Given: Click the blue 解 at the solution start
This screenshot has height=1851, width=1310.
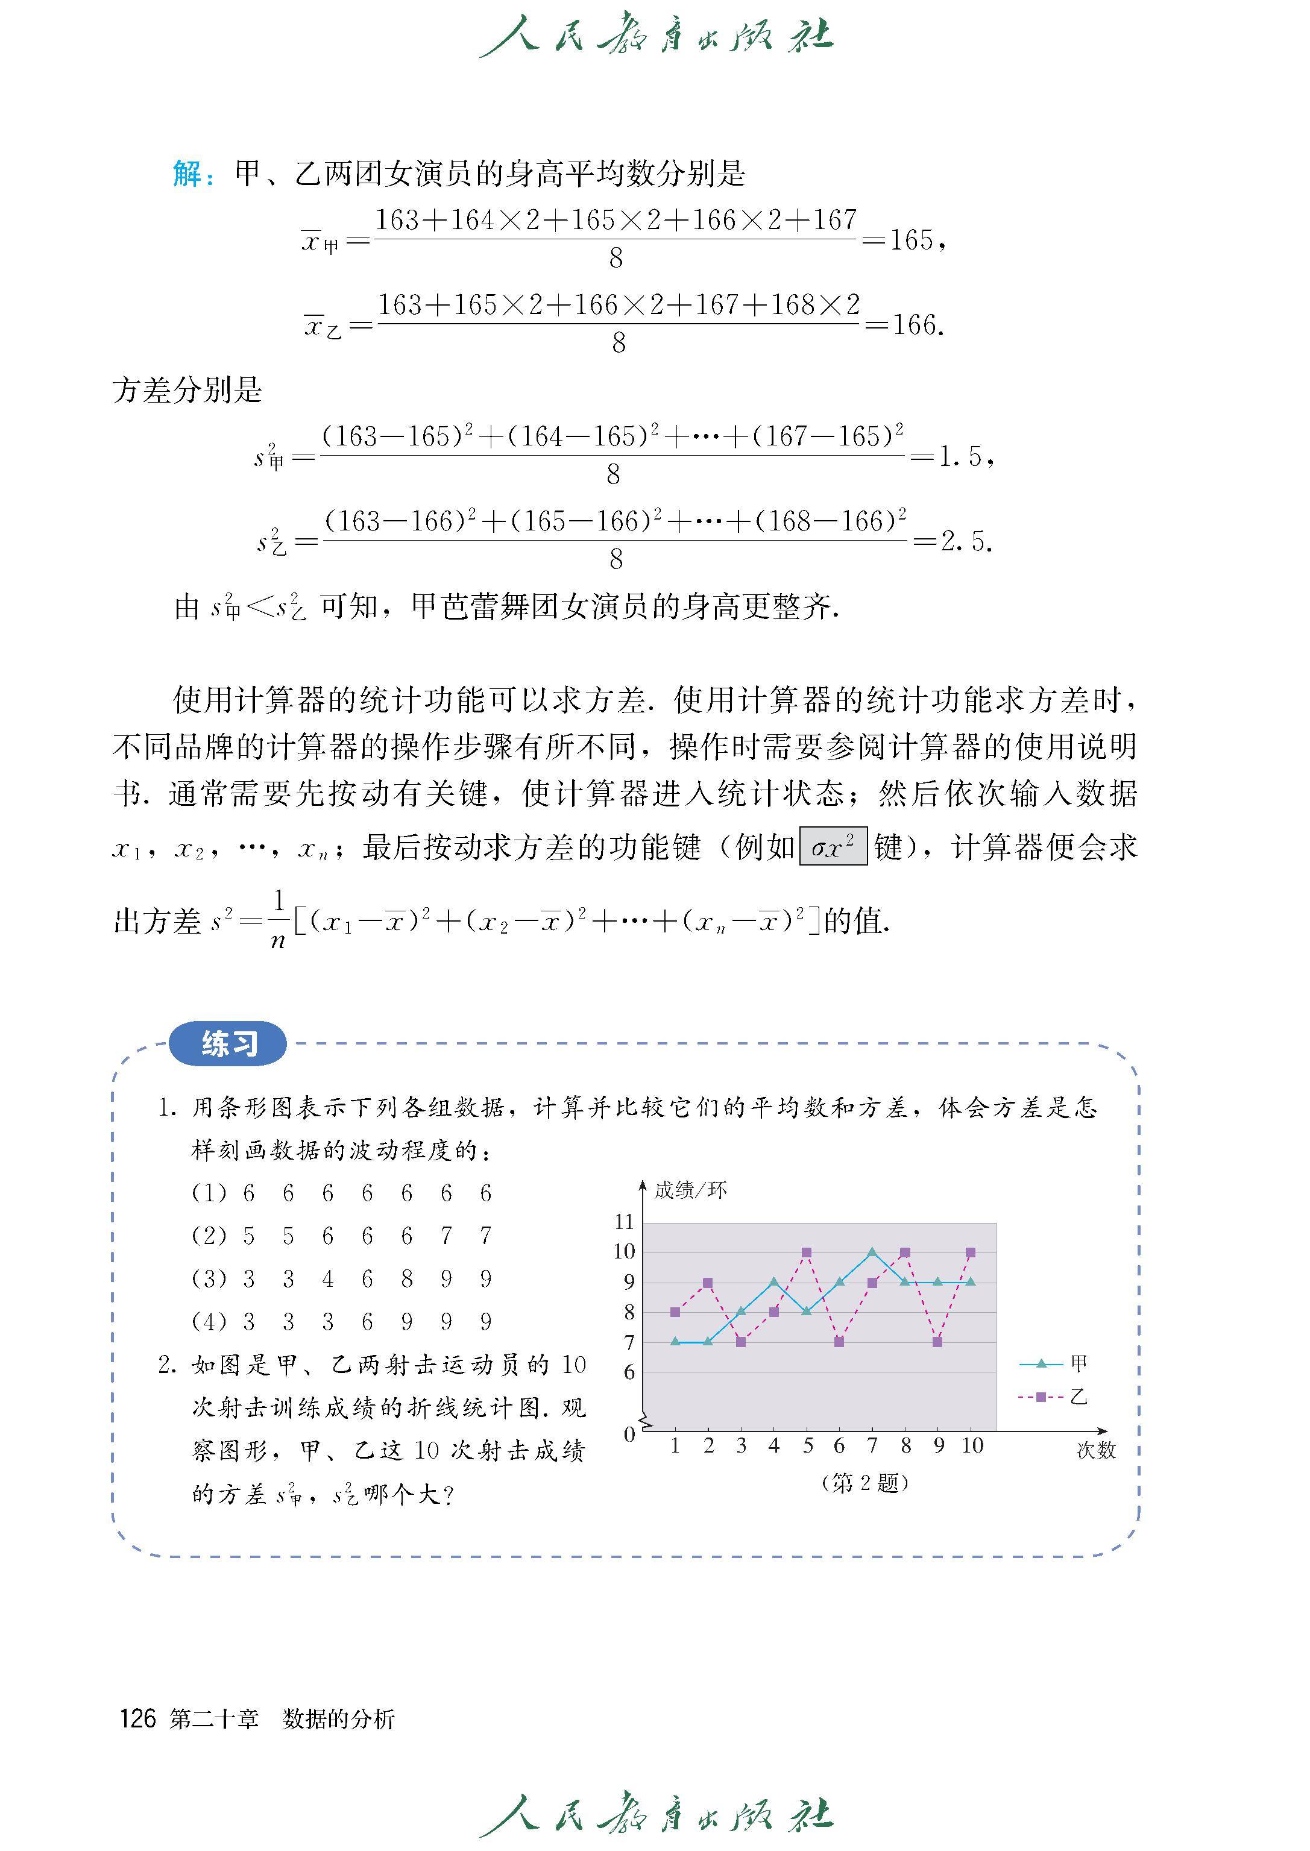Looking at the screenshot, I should click(x=189, y=174).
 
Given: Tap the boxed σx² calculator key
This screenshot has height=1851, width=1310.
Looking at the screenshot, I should click(x=833, y=847).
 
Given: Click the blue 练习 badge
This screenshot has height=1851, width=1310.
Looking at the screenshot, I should click(x=228, y=1044).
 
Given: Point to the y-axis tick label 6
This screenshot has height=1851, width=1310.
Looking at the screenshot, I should click(x=629, y=1372).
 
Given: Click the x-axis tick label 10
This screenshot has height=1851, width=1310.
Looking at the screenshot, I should click(x=972, y=1446).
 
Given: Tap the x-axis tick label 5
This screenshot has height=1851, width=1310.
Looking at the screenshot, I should click(x=807, y=1446).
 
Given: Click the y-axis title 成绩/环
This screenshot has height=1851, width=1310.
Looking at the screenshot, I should click(x=690, y=1190).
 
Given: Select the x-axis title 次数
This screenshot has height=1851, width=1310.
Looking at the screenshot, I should click(x=1095, y=1450).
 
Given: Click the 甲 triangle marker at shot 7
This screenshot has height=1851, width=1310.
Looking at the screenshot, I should click(x=872, y=1252).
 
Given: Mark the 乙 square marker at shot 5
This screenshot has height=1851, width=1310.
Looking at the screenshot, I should click(x=807, y=1252).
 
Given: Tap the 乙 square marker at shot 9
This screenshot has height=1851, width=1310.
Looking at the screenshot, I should click(x=937, y=1342).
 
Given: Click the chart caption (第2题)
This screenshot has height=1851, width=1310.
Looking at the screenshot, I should click(x=864, y=1483).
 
